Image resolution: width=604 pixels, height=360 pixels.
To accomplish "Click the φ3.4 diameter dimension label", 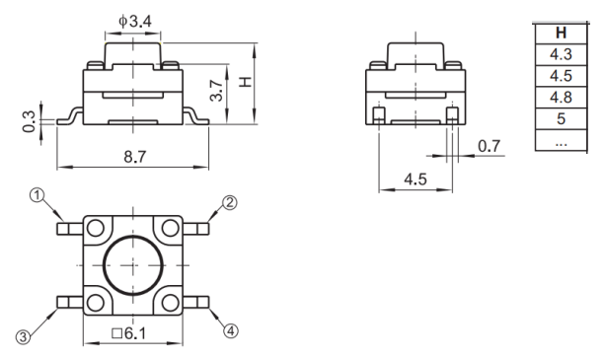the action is click(x=135, y=22).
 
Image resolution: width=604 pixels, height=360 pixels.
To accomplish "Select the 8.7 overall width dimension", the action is click(x=135, y=157).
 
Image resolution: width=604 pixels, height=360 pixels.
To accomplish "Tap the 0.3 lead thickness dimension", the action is click(x=29, y=121).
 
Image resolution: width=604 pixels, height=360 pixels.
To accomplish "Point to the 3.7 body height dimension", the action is click(x=216, y=91).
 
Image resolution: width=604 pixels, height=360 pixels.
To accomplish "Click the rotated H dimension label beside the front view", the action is click(x=246, y=82).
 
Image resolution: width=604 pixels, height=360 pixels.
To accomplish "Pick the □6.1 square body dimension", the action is click(x=129, y=333).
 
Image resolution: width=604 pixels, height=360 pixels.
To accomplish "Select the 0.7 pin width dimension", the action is click(x=489, y=146).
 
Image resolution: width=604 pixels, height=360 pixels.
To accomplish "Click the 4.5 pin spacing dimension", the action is click(x=415, y=180).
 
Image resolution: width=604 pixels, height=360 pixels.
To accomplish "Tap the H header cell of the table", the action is click(x=561, y=34).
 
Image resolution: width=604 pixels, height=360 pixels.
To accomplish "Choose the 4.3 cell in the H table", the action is click(x=561, y=54).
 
